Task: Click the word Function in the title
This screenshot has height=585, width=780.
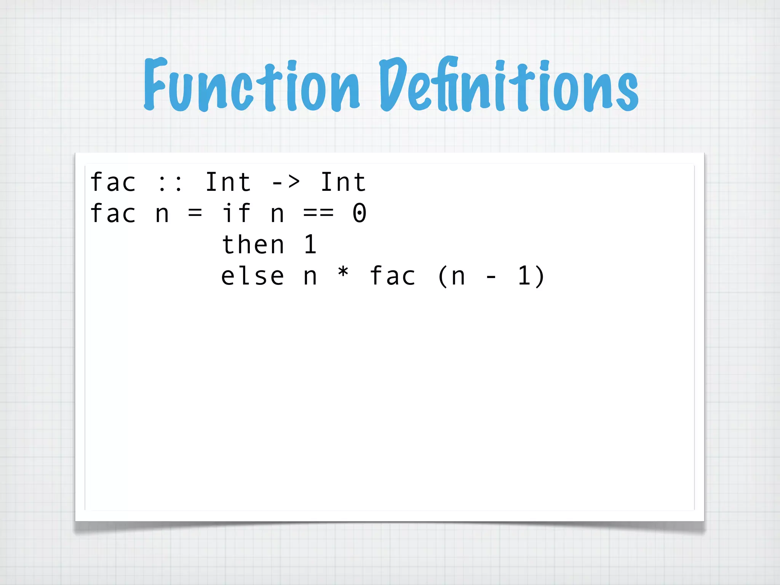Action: tap(251, 86)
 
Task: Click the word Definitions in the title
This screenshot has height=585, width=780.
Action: tap(508, 86)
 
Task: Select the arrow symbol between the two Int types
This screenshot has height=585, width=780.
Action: tap(286, 182)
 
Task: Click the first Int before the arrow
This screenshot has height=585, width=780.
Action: tap(228, 182)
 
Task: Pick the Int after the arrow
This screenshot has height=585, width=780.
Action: tap(343, 182)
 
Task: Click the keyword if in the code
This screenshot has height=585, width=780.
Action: tap(236, 213)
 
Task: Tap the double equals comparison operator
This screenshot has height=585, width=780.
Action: tap(318, 213)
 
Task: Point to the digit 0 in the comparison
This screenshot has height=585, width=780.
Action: tap(360, 213)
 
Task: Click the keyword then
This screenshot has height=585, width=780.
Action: tap(253, 245)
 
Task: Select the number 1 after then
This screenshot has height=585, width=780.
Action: tap(310, 245)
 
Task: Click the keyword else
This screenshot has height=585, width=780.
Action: tap(253, 276)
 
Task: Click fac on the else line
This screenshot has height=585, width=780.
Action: tap(393, 276)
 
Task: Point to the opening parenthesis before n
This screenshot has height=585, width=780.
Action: tap(443, 276)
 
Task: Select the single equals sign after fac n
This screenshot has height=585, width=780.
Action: tap(195, 213)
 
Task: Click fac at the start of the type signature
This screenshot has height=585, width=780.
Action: tap(113, 182)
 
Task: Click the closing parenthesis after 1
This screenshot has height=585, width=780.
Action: tap(540, 276)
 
